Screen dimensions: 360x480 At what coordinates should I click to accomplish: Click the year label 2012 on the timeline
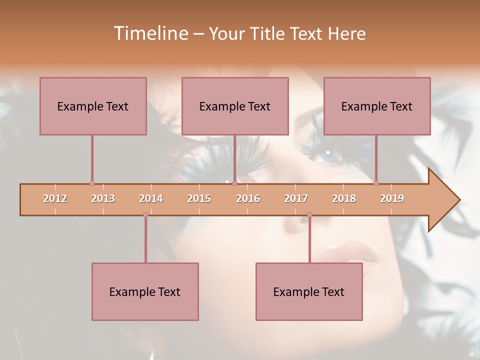55,198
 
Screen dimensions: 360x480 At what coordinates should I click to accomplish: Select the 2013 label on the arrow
103,198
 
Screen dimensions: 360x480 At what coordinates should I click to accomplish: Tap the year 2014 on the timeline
151,198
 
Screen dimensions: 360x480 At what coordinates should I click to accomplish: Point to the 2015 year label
199,198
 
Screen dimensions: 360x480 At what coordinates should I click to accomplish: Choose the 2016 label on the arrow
248,198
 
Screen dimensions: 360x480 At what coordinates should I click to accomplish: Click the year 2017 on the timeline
296,198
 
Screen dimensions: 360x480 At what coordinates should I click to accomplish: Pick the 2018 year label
344,198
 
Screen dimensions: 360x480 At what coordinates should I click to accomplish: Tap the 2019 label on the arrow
392,198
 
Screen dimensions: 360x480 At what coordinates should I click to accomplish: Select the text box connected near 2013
93,106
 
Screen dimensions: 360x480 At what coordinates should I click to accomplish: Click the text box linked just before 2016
235,106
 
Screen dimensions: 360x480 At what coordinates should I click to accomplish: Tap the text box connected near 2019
377,106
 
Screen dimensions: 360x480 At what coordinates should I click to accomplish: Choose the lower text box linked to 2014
145,291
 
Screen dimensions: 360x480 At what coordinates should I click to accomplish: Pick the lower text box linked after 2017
309,291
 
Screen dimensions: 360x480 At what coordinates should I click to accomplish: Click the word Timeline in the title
150,33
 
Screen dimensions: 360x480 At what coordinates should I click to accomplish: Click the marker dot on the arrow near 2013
92,183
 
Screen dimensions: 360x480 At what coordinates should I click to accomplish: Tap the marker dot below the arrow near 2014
145,214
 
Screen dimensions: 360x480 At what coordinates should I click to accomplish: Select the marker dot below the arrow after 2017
309,214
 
